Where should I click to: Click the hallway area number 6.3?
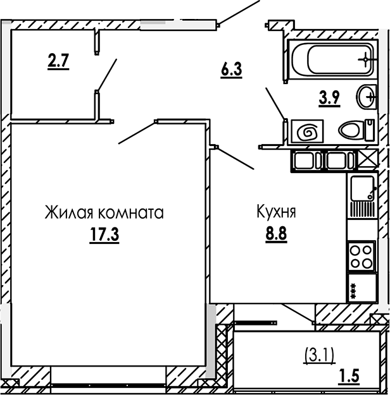(x=232, y=70)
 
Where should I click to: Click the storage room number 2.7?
(x=58, y=62)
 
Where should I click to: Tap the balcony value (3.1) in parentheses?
(x=319, y=354)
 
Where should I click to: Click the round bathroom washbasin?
(x=367, y=97)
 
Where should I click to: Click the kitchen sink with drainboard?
(x=362, y=197)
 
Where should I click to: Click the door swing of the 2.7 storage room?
(x=107, y=74)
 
